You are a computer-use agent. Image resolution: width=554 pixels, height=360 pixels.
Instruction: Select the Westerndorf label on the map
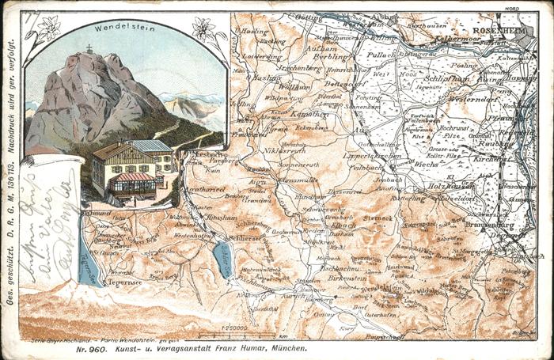[x=472, y=100]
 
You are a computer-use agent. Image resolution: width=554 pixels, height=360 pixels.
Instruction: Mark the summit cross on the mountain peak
[x=89, y=49]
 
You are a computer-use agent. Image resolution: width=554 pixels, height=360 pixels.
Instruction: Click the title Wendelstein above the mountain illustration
[x=125, y=28]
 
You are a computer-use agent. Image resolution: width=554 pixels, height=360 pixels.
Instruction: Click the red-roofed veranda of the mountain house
[x=132, y=181]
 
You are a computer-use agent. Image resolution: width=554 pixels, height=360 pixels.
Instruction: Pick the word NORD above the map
[x=514, y=13]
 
